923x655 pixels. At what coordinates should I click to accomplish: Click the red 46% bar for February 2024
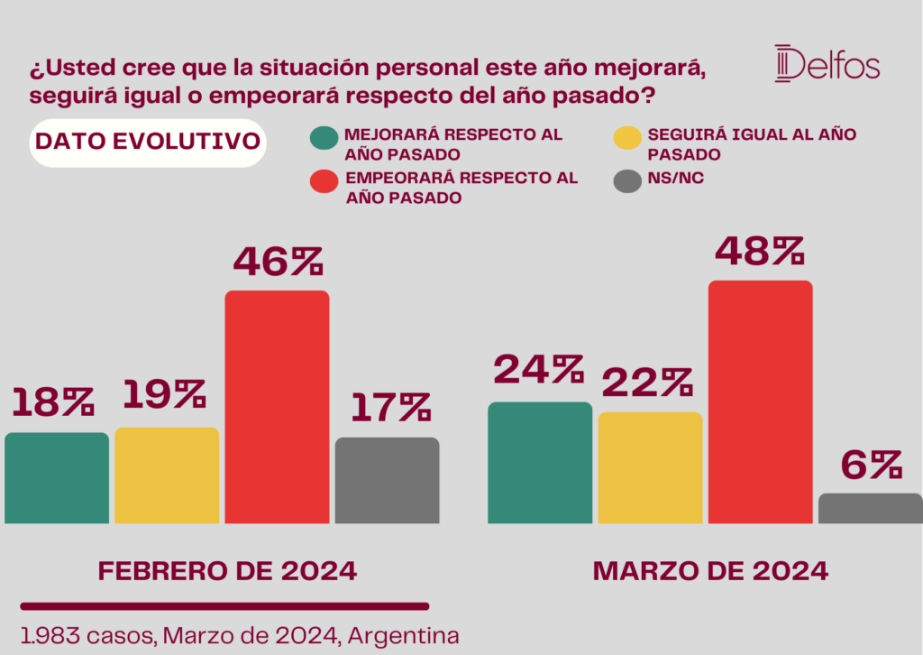tap(277, 406)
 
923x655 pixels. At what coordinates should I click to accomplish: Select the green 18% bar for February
tap(57, 477)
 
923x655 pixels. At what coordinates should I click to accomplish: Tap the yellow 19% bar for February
tap(167, 475)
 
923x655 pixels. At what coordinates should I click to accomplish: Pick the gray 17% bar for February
tap(388, 480)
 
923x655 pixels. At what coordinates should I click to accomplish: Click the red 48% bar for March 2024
tap(760, 401)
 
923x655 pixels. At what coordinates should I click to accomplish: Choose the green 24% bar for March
tap(540, 462)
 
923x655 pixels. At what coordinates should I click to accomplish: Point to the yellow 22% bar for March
tap(650, 467)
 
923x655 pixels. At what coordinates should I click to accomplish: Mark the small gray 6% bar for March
tap(871, 508)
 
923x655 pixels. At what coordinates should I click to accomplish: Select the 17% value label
tap(388, 408)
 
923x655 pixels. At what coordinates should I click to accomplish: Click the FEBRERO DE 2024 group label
tap(227, 571)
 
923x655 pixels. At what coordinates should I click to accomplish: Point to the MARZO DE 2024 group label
tap(710, 571)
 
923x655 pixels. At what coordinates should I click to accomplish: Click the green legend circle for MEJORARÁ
tap(324, 139)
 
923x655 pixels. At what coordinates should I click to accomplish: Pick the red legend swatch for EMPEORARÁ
tap(324, 180)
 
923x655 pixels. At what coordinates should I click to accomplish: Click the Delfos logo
tap(827, 63)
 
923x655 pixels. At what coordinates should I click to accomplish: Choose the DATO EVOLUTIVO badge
tap(148, 143)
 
